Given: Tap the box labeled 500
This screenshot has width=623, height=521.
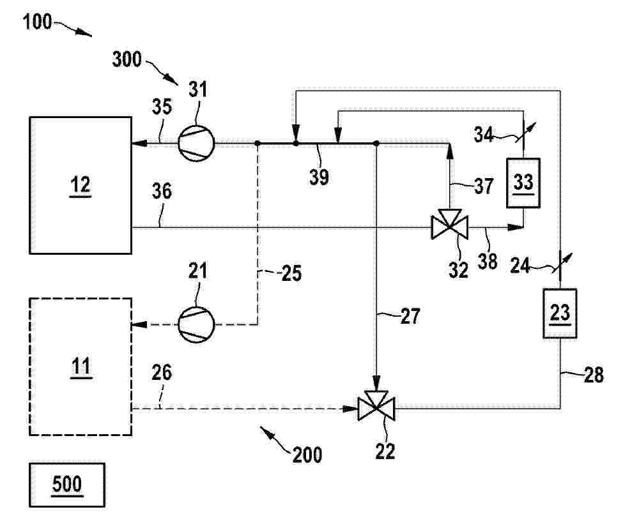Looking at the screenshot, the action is pos(67,485).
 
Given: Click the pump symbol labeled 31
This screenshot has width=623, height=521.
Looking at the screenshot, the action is pos(196,144).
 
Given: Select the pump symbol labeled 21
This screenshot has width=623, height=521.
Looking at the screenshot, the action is pos(196,324).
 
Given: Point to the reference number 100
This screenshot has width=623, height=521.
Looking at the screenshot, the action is pos(37,22).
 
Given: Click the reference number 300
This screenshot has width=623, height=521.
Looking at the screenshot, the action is pos(127,59).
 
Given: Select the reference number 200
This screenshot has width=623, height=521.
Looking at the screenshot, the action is pos(307,455).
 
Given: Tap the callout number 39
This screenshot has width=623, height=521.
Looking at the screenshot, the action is pos(319,176).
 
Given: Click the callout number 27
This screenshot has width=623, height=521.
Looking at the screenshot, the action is pos(410,316).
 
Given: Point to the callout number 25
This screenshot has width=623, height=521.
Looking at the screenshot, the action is pos(291,273).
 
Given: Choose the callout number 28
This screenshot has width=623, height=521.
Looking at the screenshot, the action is pos(594,374).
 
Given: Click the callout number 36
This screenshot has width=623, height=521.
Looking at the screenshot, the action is pos(162,191).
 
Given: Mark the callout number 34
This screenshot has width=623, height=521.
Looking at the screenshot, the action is pos(483,134).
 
